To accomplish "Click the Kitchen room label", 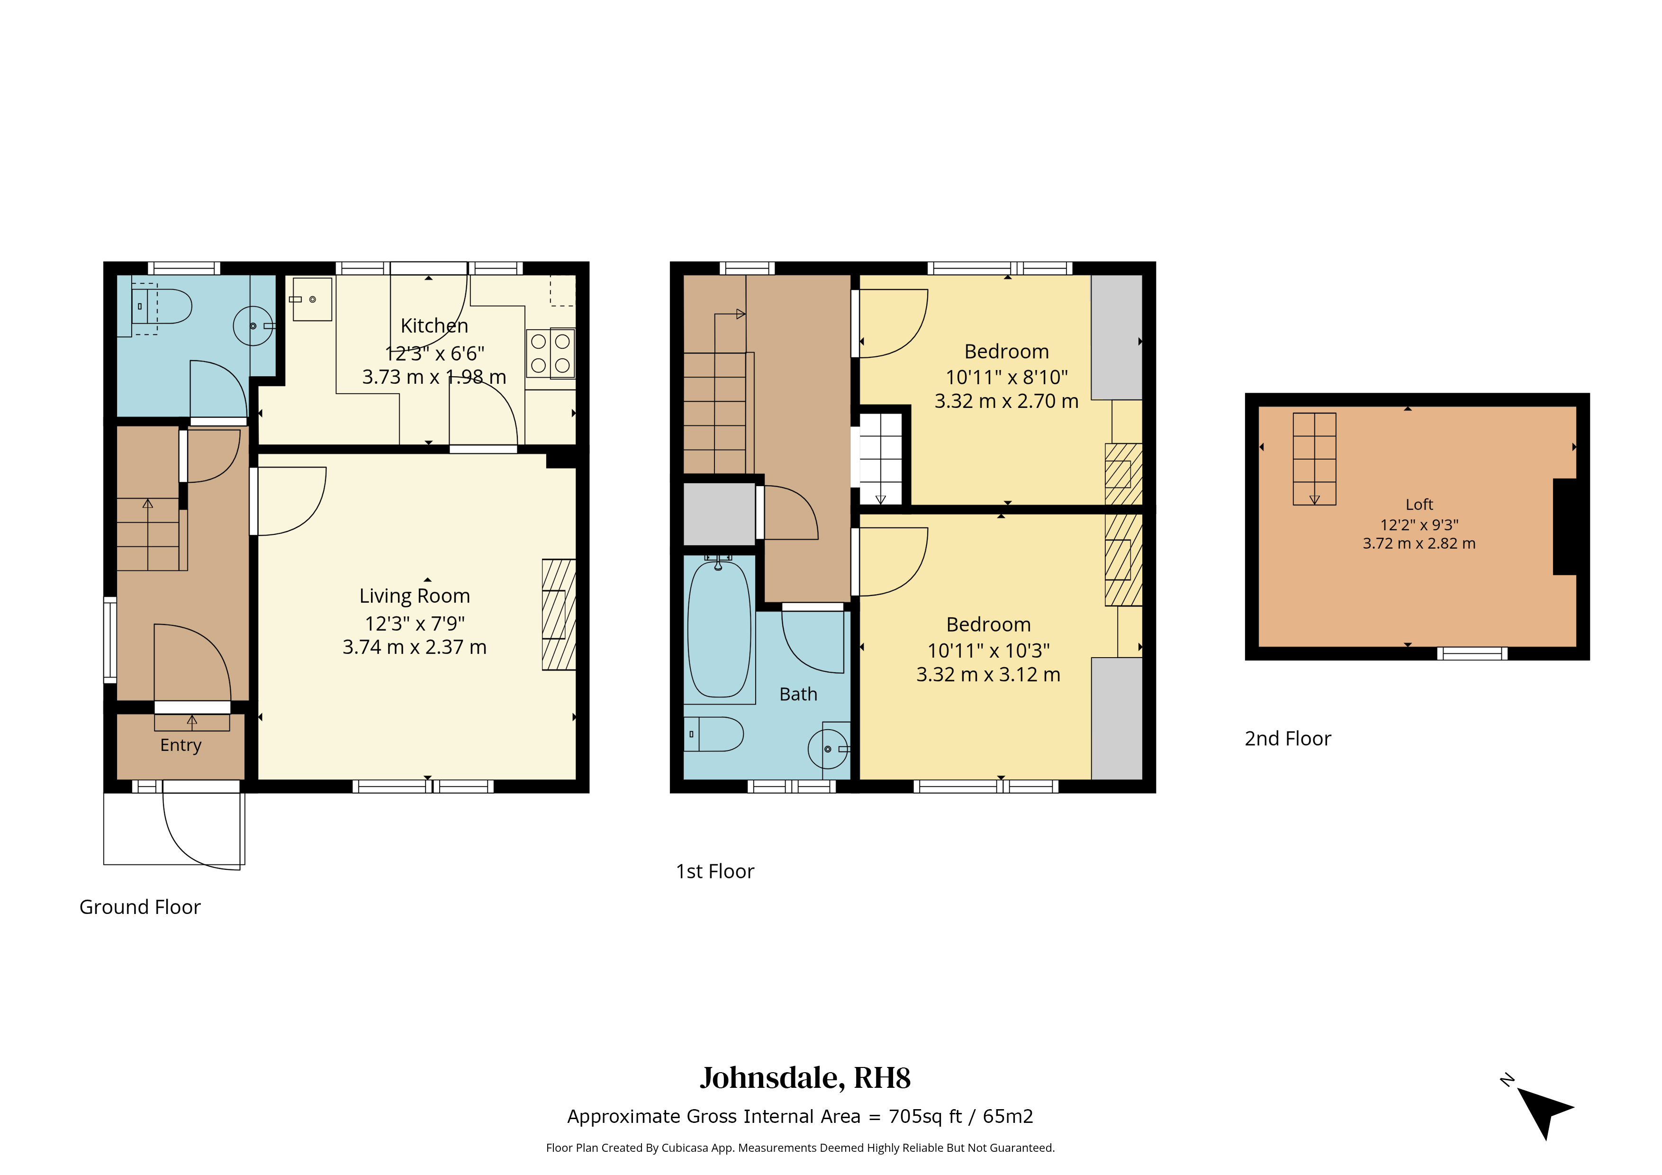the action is click(x=434, y=326).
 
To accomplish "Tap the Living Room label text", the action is click(x=415, y=596).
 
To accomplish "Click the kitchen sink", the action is click(x=312, y=299).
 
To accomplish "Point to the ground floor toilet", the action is click(x=162, y=306).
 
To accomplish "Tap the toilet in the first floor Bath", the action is click(x=714, y=734).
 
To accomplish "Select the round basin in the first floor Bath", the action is click(x=828, y=749).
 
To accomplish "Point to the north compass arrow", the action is click(x=1545, y=1113).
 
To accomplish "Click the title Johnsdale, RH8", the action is click(x=805, y=1078).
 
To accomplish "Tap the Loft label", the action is click(x=1419, y=505).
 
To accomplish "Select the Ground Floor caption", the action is click(x=140, y=907).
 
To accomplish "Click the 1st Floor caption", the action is click(x=715, y=872).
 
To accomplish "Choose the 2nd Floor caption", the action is click(x=1288, y=739).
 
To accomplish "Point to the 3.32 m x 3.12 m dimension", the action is click(x=989, y=675).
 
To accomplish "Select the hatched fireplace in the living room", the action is click(x=559, y=615).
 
